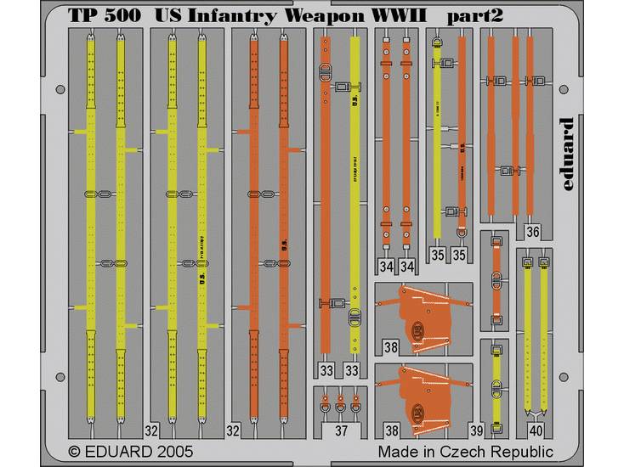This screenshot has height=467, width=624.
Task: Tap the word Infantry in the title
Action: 224,16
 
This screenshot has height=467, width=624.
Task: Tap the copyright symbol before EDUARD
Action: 74,451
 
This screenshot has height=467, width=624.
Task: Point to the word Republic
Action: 519,451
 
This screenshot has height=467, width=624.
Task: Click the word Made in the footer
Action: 398,451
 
